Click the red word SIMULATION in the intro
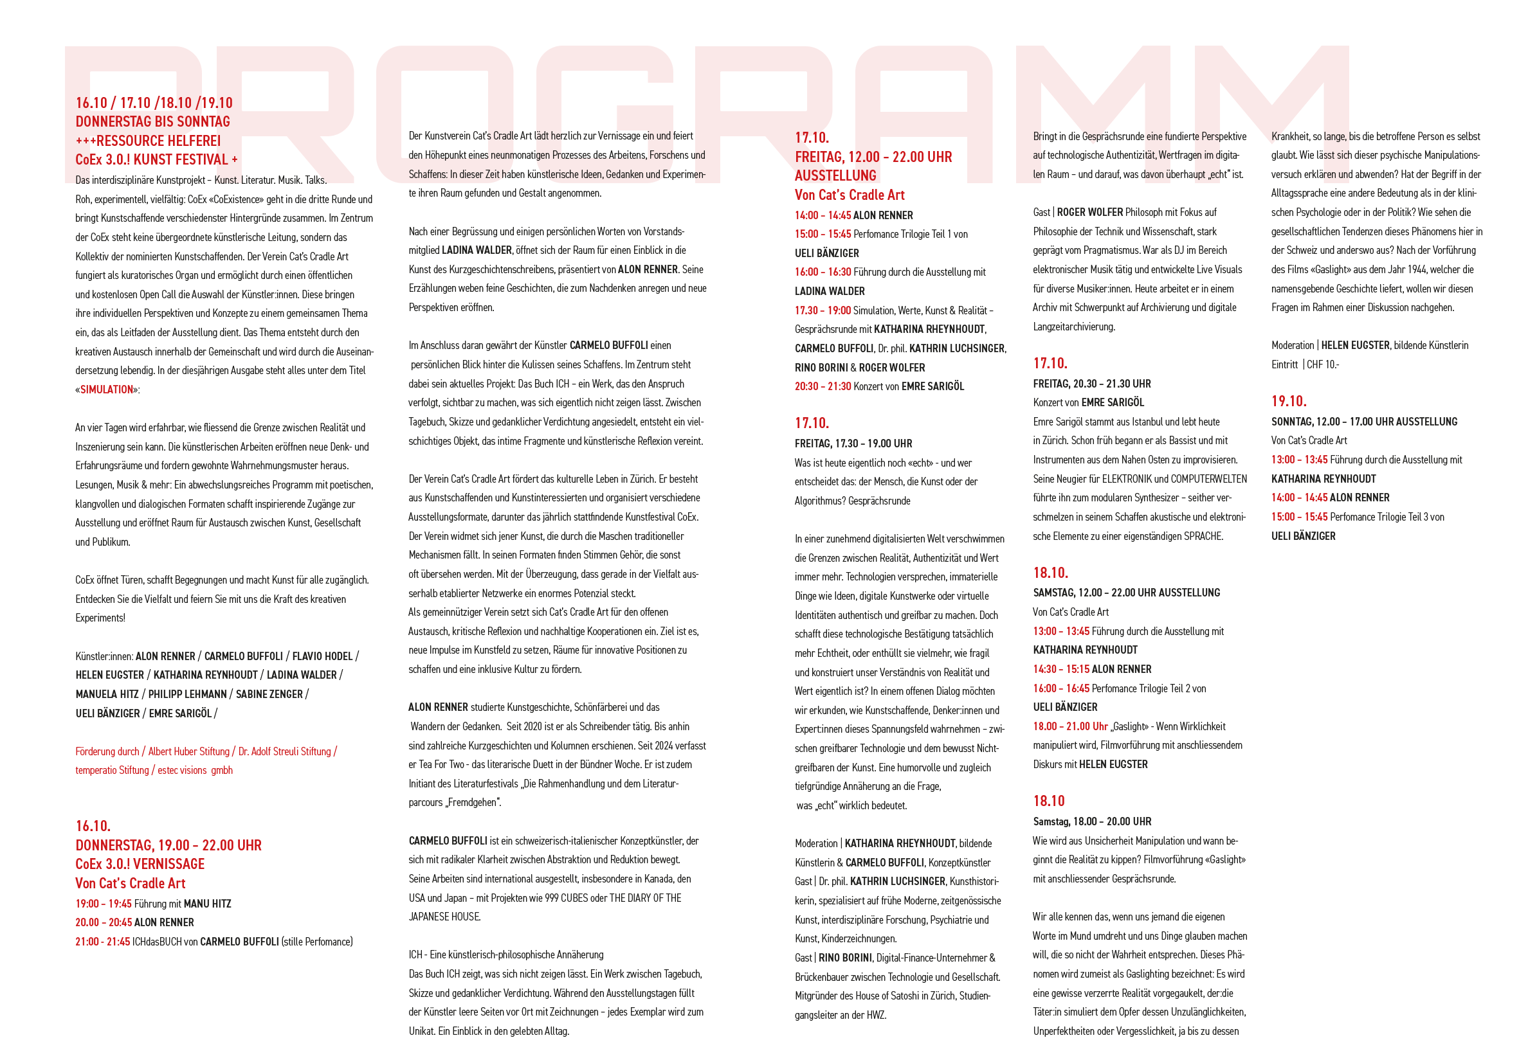point(107,390)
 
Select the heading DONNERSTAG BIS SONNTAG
point(153,121)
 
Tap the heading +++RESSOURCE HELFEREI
point(148,141)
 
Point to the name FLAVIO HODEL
point(322,656)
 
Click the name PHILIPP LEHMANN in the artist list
point(188,694)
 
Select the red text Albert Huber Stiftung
point(189,751)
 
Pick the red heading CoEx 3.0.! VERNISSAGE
point(140,864)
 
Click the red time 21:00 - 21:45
point(103,942)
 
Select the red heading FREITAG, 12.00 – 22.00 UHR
point(873,157)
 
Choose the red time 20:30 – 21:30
point(823,386)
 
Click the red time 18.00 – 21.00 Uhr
point(1070,726)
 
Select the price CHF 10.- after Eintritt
point(1323,364)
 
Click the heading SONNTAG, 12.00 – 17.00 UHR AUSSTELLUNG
point(1364,422)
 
